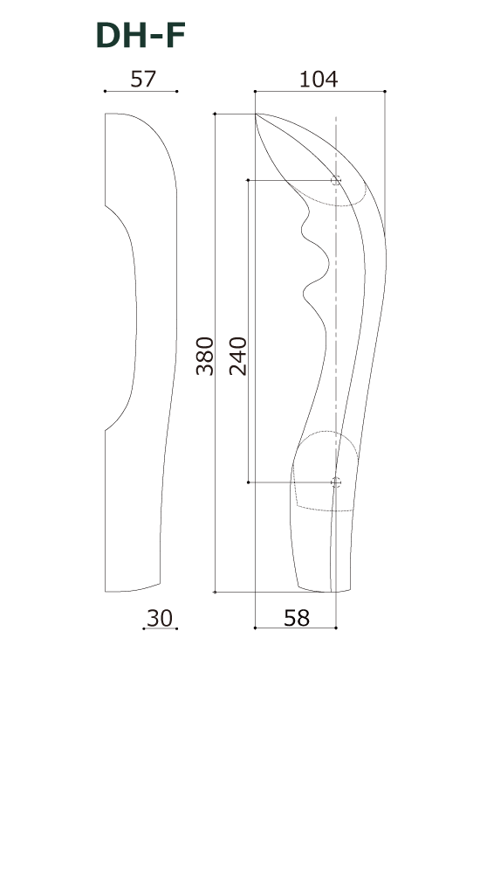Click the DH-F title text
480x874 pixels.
pyautogui.click(x=140, y=36)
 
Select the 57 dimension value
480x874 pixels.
pyautogui.click(x=142, y=79)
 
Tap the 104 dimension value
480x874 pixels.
pyautogui.click(x=319, y=79)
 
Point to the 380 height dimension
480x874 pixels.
pyautogui.click(x=204, y=355)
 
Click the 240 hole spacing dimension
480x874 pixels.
pyautogui.click(x=237, y=355)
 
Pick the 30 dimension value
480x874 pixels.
pyautogui.click(x=160, y=618)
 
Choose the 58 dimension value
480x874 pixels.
pyautogui.click(x=297, y=618)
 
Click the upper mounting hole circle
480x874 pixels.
pyautogui.click(x=336, y=181)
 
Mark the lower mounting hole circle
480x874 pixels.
pyautogui.click(x=336, y=482)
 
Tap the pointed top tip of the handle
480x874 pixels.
pyautogui.click(x=256, y=114)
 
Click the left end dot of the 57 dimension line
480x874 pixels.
pyautogui.click(x=105, y=91)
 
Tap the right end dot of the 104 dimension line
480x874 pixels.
pyautogui.click(x=385, y=91)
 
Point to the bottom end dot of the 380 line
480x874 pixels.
pyautogui.click(x=216, y=592)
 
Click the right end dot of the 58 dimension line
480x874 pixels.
pyautogui.click(x=337, y=628)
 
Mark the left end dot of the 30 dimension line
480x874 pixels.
pyautogui.click(x=144, y=628)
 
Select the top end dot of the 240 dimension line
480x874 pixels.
pyautogui.click(x=250, y=181)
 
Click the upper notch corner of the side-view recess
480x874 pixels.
pyautogui.click(x=106, y=205)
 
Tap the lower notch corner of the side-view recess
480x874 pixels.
pyautogui.click(x=106, y=430)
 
